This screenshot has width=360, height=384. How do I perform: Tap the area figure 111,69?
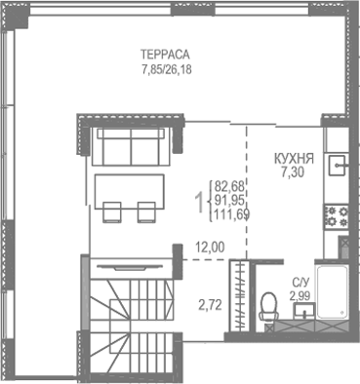(232, 216)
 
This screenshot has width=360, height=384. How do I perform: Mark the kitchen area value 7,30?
(292, 172)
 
